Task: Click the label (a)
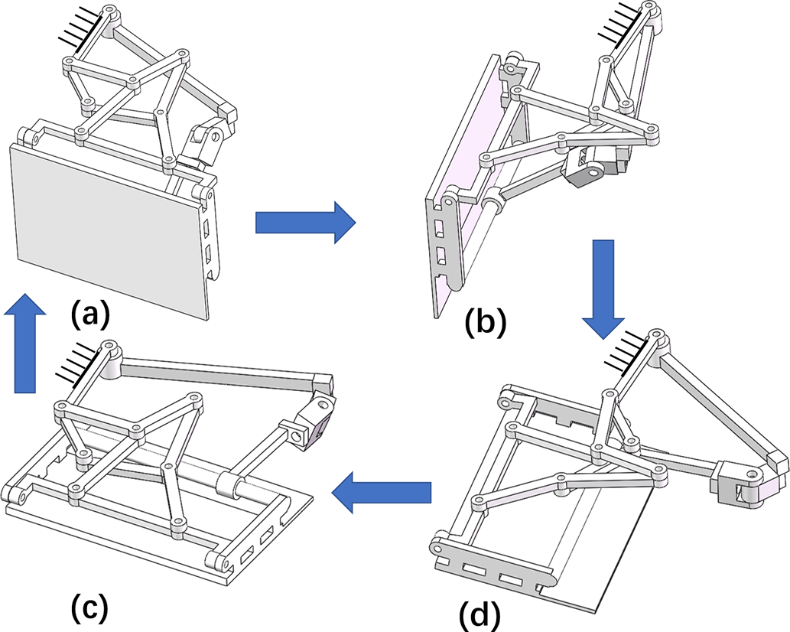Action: click(91, 314)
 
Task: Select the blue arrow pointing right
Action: click(304, 223)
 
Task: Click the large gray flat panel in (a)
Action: click(107, 230)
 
